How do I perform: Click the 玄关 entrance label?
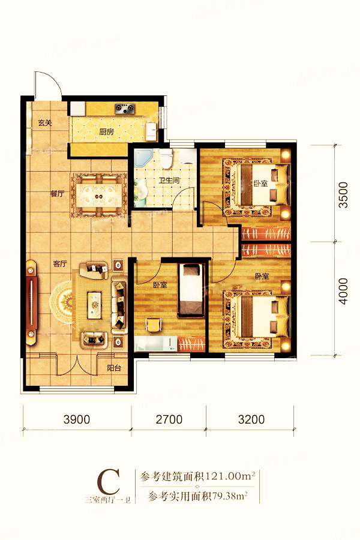[x=45, y=122]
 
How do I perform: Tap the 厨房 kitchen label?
[x=106, y=131]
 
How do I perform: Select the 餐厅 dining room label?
[x=57, y=194]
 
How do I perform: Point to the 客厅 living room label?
[x=60, y=264]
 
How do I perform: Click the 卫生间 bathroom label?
[x=169, y=180]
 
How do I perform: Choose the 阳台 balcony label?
[x=114, y=368]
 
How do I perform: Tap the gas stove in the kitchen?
[x=124, y=109]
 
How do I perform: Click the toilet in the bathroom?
[x=166, y=159]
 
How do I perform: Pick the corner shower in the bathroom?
[x=142, y=158]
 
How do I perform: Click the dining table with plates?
[x=98, y=195]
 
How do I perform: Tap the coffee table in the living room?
[x=94, y=305]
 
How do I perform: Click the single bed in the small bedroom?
[x=190, y=290]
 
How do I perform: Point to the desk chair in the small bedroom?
[x=154, y=325]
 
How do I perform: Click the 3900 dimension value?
[x=77, y=419]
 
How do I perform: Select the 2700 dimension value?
[x=169, y=419]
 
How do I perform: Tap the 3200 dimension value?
[x=251, y=419]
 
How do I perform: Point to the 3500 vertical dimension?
[x=343, y=195]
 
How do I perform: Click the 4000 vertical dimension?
[x=343, y=292]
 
